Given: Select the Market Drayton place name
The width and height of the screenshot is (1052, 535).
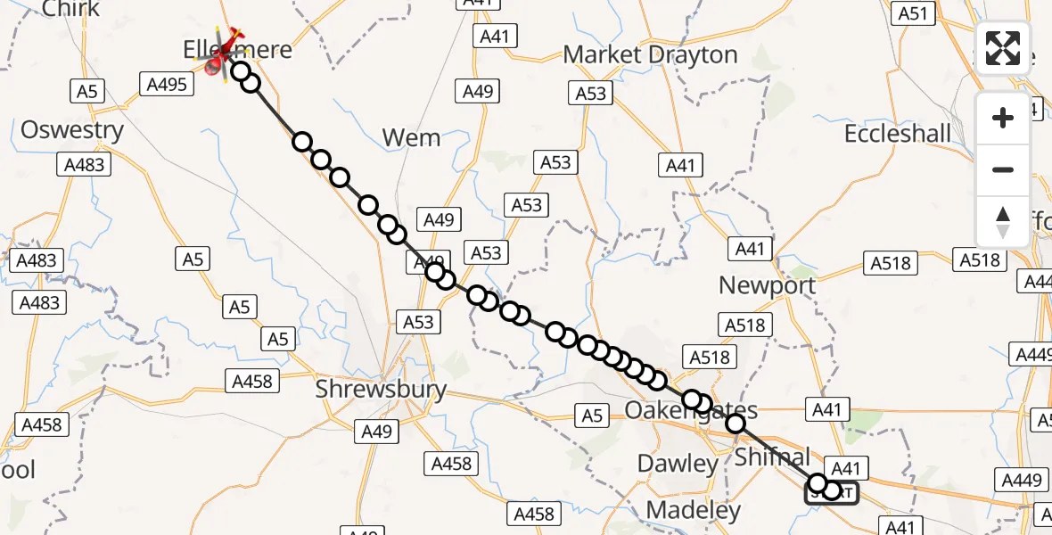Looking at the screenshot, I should click(650, 54).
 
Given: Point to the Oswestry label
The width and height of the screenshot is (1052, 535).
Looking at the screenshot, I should click(71, 130).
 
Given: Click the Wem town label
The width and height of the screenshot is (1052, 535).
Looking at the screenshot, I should click(411, 137).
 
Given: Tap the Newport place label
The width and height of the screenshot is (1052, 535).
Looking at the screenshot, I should click(767, 285).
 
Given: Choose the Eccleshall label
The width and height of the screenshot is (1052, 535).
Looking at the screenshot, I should click(897, 134).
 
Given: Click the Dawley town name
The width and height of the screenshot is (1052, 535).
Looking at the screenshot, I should click(678, 464).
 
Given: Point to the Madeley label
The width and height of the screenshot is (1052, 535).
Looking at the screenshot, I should click(693, 510).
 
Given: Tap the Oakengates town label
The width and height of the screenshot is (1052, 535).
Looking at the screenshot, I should click(691, 411).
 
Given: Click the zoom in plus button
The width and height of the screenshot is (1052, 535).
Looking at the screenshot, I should click(1003, 118).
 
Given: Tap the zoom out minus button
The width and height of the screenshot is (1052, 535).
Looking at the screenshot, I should click(1003, 169).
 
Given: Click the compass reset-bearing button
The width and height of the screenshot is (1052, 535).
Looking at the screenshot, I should click(1003, 221).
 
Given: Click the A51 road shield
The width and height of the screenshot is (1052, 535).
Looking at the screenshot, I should click(915, 13).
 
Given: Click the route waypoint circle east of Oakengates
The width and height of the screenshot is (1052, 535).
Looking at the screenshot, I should click(736, 424).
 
